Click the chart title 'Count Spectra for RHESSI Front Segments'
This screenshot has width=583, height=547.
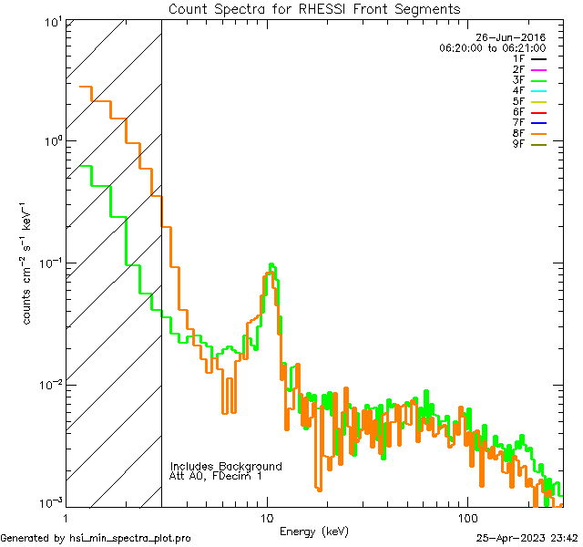(x=314, y=9)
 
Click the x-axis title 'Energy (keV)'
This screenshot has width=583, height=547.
(x=314, y=532)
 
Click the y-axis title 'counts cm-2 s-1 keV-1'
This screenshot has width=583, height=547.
(x=29, y=263)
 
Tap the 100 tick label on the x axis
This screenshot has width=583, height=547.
(x=467, y=517)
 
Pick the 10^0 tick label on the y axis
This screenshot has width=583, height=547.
(x=48, y=141)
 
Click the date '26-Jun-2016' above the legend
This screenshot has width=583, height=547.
(x=516, y=37)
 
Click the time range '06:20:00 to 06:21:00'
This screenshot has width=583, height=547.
(x=492, y=47)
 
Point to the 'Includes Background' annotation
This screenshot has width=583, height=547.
(x=226, y=467)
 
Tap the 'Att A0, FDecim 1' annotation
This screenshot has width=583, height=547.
(x=216, y=477)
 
